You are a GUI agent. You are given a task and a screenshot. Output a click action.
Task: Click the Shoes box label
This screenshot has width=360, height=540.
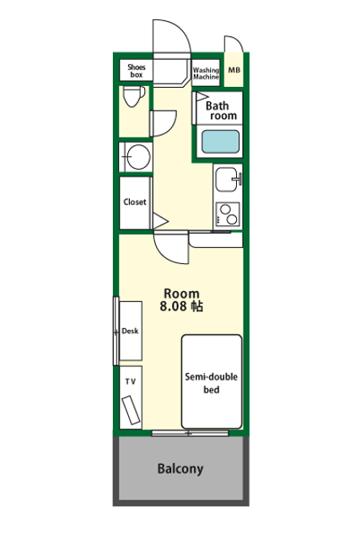137,71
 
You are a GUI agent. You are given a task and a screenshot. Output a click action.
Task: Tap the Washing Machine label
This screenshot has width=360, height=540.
206,73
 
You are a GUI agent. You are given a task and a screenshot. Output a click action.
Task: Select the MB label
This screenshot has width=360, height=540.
234,70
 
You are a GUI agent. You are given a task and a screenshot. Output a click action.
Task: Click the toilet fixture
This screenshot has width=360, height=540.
134,96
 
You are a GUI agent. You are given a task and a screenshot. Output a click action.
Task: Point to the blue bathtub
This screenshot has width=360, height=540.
220,142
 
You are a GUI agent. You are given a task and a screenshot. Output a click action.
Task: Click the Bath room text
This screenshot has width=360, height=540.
221,111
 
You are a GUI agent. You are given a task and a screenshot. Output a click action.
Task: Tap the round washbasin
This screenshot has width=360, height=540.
138,157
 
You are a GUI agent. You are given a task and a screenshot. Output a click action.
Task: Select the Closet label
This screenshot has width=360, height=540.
135,202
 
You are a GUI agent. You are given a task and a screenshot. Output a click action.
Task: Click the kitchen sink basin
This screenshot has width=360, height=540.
227,180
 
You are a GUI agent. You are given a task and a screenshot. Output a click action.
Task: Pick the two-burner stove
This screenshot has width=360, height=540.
228,214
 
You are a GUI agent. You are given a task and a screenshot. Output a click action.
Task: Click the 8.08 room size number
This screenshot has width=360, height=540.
173,306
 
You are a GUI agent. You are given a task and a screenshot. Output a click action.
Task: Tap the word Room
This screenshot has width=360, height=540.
181,294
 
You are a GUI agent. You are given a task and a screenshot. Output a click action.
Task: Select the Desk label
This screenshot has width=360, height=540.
130,331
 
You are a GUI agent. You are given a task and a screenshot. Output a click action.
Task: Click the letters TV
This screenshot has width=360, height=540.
131,381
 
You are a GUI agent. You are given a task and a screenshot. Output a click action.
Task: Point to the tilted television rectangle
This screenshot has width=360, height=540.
131,410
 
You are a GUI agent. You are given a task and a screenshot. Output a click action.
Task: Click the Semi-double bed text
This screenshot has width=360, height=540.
212,383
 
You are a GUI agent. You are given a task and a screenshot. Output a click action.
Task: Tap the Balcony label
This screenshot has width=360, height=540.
180,469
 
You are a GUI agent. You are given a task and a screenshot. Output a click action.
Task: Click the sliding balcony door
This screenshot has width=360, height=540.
190,433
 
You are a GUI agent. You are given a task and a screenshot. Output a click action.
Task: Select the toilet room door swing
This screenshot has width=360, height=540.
163,123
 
